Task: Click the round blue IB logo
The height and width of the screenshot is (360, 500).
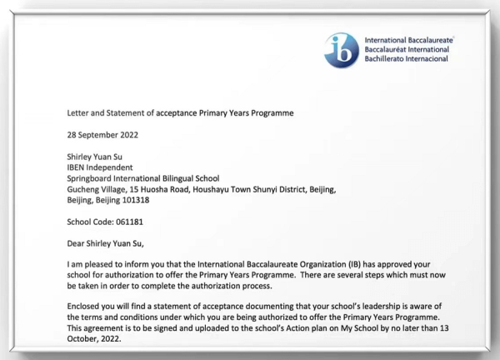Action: click(342, 47)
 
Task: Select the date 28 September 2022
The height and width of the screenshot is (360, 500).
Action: click(102, 134)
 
